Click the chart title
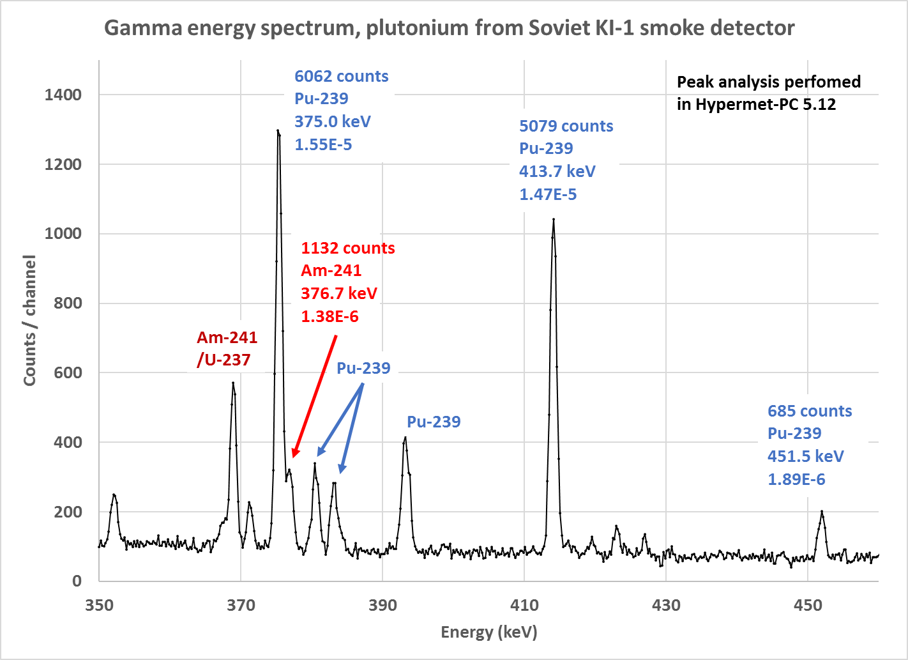click(449, 28)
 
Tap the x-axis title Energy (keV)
click(489, 632)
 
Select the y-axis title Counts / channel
click(29, 320)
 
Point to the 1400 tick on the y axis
click(63, 95)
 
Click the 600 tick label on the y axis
click(63, 372)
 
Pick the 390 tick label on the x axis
click(382, 605)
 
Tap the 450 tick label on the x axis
click(808, 605)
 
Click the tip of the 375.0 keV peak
click(278, 130)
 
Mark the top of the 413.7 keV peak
click(553, 219)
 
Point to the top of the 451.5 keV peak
click(822, 511)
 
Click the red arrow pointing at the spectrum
click(314, 396)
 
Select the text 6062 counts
click(341, 76)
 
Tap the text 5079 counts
click(566, 126)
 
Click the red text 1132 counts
click(348, 248)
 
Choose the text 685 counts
click(810, 411)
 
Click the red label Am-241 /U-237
click(227, 348)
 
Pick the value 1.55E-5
click(323, 144)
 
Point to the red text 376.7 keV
click(339, 293)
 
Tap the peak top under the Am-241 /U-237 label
click(233, 383)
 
